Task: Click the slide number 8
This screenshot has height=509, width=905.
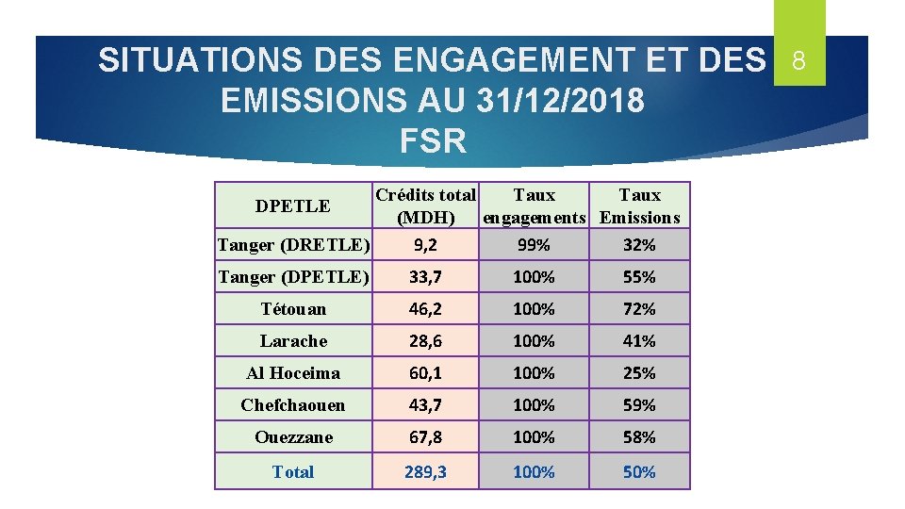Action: point(798,62)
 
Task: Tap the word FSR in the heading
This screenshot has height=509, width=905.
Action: point(433,140)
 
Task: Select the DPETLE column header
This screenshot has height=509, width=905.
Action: point(293,205)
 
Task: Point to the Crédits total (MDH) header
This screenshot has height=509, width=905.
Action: point(426,206)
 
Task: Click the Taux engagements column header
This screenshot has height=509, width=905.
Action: point(535,206)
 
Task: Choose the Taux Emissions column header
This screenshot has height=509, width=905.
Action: point(639,206)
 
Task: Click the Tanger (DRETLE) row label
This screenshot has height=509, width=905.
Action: point(293,245)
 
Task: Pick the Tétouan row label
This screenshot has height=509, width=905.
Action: point(293,309)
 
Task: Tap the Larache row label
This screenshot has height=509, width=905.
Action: point(293,341)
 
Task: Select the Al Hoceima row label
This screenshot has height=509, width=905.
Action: point(293,373)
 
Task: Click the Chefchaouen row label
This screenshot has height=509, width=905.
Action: point(293,405)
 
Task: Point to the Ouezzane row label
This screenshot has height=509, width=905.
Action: point(293,437)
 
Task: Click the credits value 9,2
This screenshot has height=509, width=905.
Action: point(426,246)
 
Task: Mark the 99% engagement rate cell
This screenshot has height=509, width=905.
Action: point(535,246)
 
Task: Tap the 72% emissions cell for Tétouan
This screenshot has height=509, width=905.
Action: point(639,309)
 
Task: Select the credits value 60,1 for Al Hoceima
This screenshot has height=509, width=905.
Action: point(426,373)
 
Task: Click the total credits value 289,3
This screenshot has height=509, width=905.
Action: point(426,472)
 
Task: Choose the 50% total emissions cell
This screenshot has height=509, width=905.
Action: point(639,472)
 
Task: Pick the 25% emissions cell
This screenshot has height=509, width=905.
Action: point(639,373)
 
